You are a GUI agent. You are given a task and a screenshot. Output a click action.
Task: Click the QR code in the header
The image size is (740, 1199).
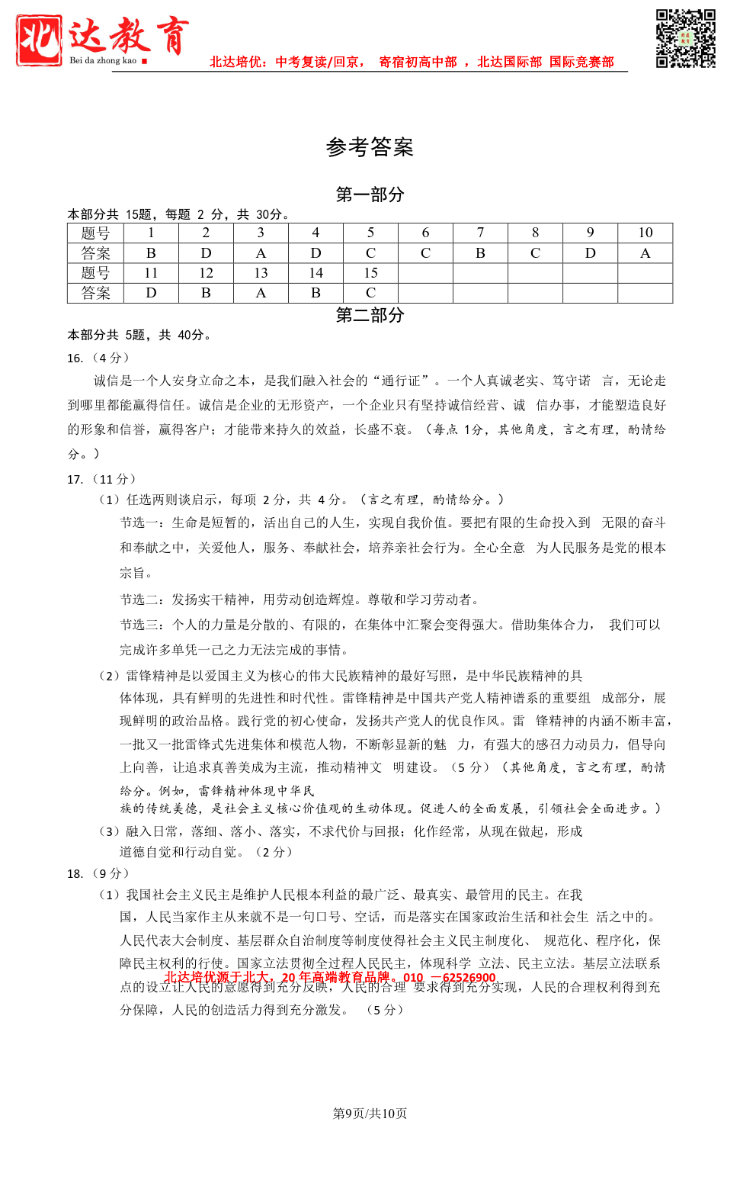pyautogui.click(x=685, y=39)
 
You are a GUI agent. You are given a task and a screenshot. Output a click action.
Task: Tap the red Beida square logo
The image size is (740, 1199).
pyautogui.click(x=38, y=40)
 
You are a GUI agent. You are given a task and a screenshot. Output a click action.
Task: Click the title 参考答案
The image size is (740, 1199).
pyautogui.click(x=370, y=147)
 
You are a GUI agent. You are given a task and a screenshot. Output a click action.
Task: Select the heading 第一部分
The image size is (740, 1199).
pyautogui.click(x=370, y=194)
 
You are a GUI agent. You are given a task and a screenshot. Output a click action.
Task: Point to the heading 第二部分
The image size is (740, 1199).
pyautogui.click(x=370, y=315)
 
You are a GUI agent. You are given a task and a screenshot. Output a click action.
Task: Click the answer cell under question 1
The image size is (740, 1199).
pyautogui.click(x=151, y=253)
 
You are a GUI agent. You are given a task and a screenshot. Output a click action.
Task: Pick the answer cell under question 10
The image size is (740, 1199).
pyautogui.click(x=645, y=253)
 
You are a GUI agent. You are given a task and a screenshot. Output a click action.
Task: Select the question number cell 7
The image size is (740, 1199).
pyautogui.click(x=480, y=233)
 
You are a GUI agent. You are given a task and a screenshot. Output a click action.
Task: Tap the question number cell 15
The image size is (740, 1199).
pyautogui.click(x=370, y=273)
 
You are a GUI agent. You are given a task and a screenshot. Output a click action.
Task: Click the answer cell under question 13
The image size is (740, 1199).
pyautogui.click(x=261, y=293)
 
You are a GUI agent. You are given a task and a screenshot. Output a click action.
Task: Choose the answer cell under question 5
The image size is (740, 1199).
pyautogui.click(x=370, y=253)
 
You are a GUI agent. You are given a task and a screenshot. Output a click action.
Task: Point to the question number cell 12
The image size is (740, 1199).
pyautogui.click(x=206, y=273)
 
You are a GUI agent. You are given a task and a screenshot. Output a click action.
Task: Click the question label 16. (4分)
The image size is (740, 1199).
pyautogui.click(x=98, y=358)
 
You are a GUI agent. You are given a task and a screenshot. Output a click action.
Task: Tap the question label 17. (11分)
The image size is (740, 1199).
pyautogui.click(x=101, y=479)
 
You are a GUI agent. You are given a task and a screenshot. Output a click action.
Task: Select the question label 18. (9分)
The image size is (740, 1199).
pyautogui.click(x=98, y=873)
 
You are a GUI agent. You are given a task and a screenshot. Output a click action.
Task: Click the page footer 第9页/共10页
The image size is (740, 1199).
pyautogui.click(x=370, y=1114)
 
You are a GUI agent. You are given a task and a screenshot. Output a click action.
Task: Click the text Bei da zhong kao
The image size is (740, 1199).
pyautogui.click(x=103, y=61)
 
